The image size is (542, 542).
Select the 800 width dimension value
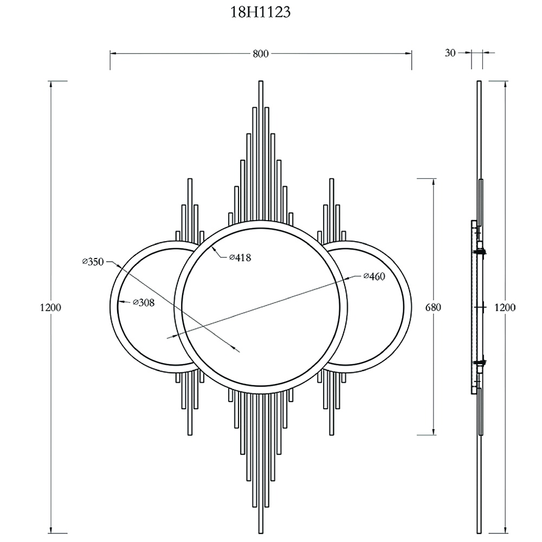coord(261,53)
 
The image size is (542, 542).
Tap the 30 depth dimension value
coord(450,53)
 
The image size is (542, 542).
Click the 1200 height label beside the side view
coord(505,307)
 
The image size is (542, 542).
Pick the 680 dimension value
coord(434,307)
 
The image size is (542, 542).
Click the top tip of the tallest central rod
coord(261,82)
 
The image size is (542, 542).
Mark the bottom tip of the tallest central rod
coord(261,533)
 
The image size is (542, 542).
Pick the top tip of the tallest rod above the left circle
coord(190,179)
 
